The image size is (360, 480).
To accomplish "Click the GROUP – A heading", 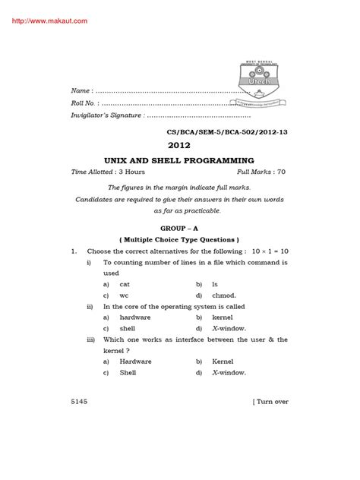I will [179, 226].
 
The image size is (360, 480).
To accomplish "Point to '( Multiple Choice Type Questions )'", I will [179, 238].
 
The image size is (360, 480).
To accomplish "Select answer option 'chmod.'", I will [226, 295].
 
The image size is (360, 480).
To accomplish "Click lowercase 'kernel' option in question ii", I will [223, 317].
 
